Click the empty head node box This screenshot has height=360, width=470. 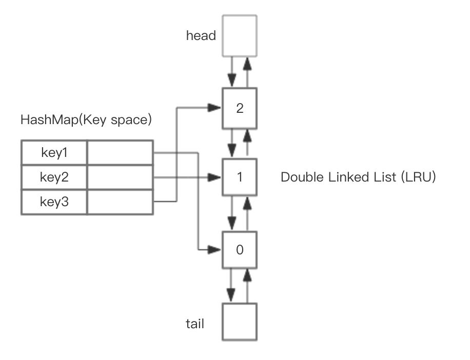[240, 35]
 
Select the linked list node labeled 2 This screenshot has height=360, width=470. [240, 108]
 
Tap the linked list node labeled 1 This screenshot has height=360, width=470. [240, 177]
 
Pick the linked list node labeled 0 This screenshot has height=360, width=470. [240, 250]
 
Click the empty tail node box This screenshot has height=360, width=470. [240, 322]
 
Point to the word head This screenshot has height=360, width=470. [201, 36]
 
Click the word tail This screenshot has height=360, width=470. [195, 324]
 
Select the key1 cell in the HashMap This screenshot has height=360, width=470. [54, 153]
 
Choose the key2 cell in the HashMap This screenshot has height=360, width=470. [54, 177]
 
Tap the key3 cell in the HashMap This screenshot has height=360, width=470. [54, 202]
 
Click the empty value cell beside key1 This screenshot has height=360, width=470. [120, 153]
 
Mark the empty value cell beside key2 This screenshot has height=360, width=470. [120, 177]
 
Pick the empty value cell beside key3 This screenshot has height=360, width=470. [120, 202]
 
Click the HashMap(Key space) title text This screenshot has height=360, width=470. [86, 120]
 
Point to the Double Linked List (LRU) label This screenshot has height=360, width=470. [358, 177]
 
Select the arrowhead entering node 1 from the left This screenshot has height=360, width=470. [215, 177]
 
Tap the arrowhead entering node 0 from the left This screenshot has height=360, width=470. [215, 250]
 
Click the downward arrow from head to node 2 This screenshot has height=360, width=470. [231, 72]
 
